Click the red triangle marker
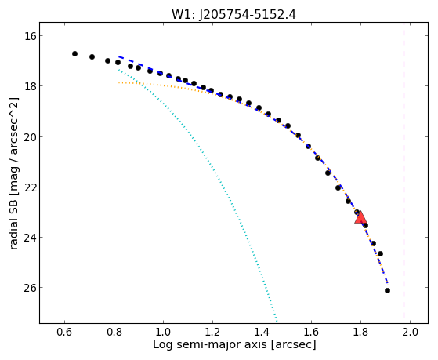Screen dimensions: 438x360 click(360, 217)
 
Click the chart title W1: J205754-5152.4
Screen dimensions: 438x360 click(233, 14)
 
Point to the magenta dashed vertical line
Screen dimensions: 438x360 click(404, 173)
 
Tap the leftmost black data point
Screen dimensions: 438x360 click(74, 53)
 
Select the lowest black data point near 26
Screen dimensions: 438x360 click(387, 291)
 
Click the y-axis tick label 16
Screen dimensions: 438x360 click(29, 36)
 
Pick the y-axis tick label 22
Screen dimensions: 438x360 click(29, 187)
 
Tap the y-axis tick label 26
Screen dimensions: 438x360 click(29, 288)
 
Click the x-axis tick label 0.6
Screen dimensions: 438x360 click(64, 332)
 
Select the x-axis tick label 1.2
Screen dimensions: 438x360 click(212, 332)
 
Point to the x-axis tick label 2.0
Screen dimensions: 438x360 click(410, 332)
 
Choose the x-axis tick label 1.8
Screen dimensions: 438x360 click(360, 332)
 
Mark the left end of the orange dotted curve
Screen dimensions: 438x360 click(119, 82)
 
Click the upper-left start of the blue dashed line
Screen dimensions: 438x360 click(119, 56)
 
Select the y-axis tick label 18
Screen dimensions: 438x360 click(29, 85)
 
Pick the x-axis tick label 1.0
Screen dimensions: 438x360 click(163, 332)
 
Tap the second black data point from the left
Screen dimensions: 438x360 click(92, 56)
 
